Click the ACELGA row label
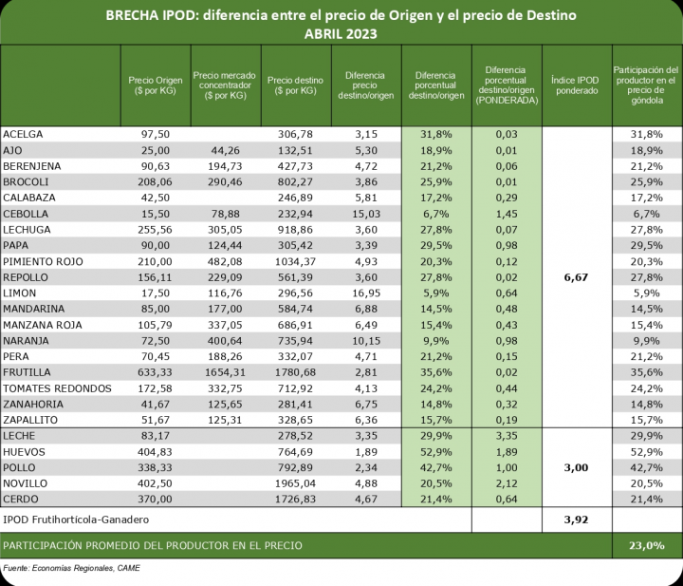tap(25, 135)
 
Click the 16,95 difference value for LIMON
tap(365, 293)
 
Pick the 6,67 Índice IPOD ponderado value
tap(578, 276)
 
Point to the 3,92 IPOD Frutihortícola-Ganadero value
tap(578, 520)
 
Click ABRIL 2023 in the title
tap(341, 33)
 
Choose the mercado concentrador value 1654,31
tap(224, 372)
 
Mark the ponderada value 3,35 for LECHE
tap(507, 436)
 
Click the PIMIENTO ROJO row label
tap(44, 261)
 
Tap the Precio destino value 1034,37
tap(293, 261)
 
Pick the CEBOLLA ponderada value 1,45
tap(507, 214)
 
